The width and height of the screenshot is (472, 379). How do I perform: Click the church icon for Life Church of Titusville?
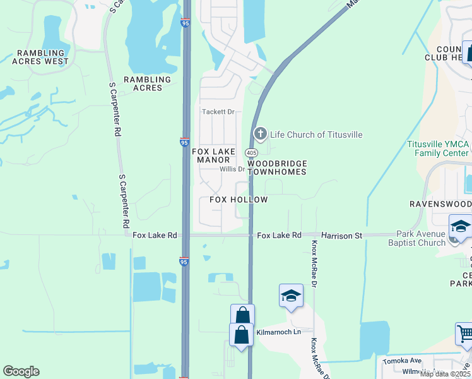pos(259,134)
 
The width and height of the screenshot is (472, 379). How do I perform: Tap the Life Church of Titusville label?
pos(316,135)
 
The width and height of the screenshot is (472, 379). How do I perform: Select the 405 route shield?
pos(251,153)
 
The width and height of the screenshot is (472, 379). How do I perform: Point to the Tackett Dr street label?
pos(218,112)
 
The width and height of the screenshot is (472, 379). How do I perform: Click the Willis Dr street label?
pos(232,169)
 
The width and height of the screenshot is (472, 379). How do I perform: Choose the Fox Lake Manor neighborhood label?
pos(213,155)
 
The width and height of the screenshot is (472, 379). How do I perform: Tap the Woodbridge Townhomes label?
pos(276,167)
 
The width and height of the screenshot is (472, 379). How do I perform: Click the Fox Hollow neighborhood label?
pos(239,200)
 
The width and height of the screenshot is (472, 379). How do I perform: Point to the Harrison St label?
pos(341,236)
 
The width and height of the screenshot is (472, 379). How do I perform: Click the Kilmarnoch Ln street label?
pos(276,332)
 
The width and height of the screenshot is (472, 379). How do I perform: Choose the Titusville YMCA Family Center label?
pos(438,148)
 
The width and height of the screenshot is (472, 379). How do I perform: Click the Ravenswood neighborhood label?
pos(440,204)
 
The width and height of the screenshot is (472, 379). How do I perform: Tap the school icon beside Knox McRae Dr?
pos(291,296)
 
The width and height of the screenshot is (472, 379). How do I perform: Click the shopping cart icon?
pos(464,333)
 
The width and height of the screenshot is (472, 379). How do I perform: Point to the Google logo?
pos(21,371)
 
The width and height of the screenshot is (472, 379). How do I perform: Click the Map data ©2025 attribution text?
pos(445,374)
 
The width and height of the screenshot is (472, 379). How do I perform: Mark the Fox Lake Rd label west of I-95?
pos(155,235)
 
